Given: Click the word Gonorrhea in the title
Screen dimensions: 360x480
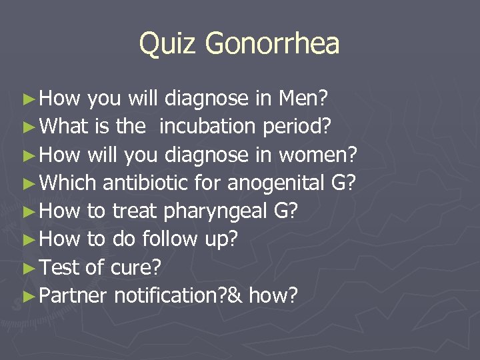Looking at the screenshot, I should point(273,44).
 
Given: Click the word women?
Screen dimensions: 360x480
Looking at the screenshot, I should point(319,155).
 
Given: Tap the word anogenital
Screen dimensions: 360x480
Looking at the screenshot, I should point(260,184).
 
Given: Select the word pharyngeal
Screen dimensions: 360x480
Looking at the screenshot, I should point(213,212).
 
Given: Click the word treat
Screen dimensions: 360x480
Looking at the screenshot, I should point(133,211).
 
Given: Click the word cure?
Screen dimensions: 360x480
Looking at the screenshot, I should point(136,267).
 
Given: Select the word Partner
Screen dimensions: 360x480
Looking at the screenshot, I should point(73,295).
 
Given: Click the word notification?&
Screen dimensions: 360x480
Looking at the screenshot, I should point(179,295).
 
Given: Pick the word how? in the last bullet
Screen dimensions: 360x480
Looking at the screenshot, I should point(273,295).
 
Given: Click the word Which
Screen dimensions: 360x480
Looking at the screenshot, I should point(68,183).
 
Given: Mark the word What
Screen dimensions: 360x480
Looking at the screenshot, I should point(64,127).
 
